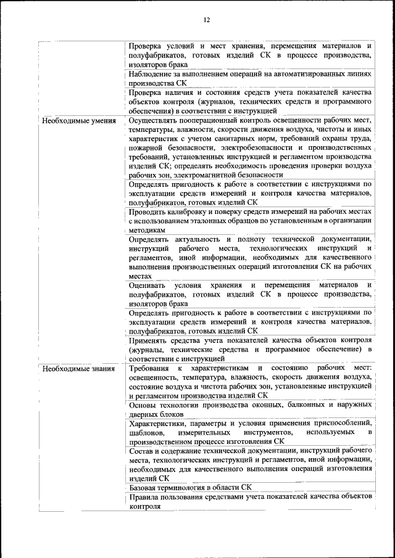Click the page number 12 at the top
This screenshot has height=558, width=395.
(207, 20)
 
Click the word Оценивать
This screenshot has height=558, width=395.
(149, 285)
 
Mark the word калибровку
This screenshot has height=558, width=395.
(196, 211)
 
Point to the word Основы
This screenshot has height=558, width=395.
(144, 405)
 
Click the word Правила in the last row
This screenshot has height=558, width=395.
(146, 497)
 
